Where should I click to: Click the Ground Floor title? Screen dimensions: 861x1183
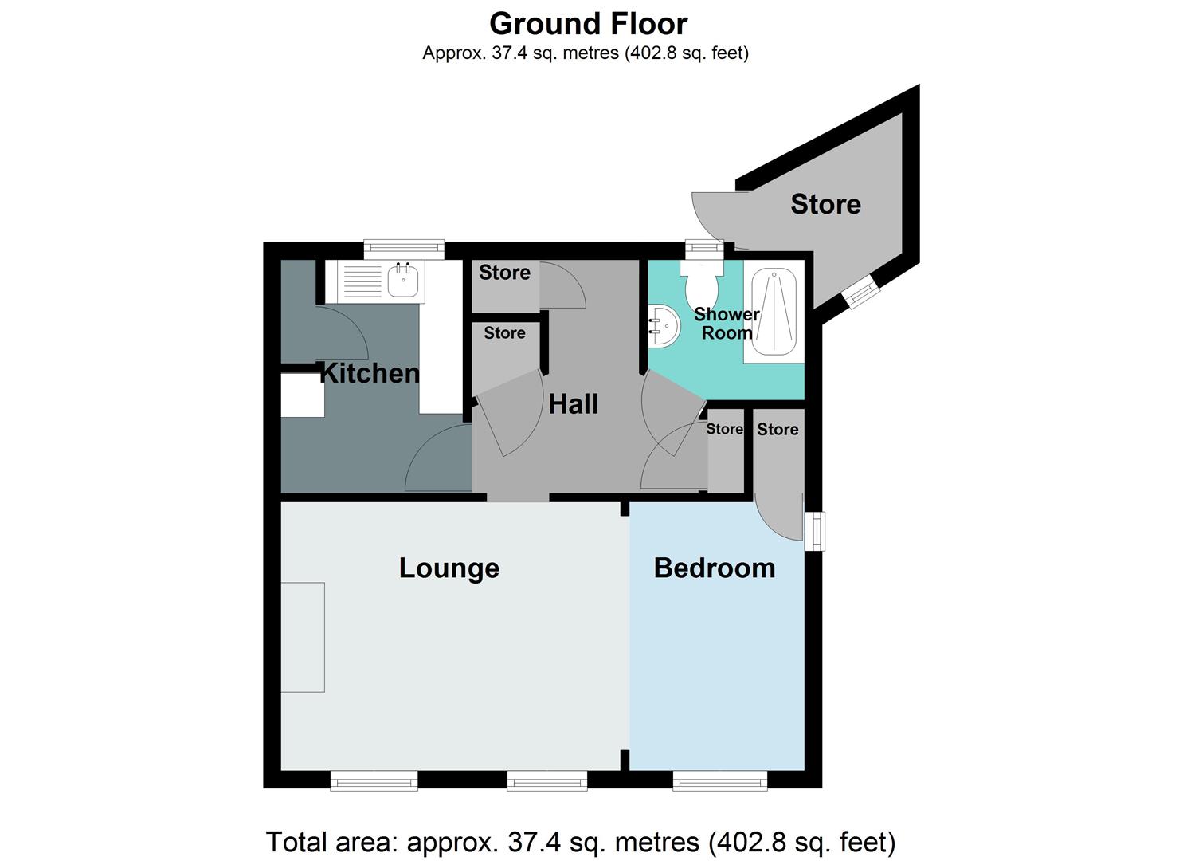588,24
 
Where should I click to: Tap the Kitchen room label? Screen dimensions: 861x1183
369,373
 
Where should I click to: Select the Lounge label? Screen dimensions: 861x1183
449,568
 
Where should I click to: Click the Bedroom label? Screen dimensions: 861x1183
715,568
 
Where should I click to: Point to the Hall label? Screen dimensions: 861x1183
573,404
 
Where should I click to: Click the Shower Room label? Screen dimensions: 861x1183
727,324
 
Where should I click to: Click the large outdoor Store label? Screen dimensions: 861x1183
825,205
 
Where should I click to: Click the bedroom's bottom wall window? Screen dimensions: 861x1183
719,781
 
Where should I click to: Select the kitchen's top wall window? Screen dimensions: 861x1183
404,249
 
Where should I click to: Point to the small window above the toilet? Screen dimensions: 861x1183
702,249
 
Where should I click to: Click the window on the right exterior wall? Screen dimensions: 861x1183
814,531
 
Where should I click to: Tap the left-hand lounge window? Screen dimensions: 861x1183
374,781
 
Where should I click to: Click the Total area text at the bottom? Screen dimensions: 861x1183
580,842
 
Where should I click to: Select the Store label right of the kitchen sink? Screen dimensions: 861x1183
504,273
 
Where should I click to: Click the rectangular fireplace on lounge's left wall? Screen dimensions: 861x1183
303,637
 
